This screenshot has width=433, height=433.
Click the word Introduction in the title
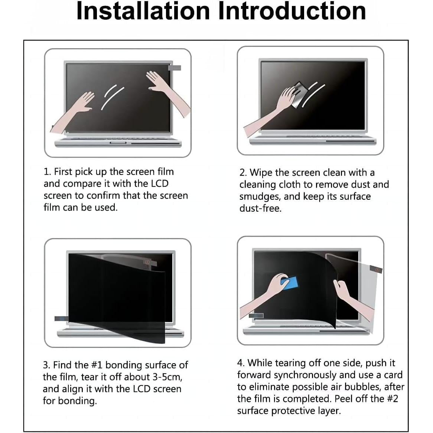tap(292, 11)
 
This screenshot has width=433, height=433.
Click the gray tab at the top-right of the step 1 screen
tap(175, 68)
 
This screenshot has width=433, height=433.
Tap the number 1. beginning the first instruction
tap(47, 172)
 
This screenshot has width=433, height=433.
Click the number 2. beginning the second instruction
tap(243, 173)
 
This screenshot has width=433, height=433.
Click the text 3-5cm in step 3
tap(167, 377)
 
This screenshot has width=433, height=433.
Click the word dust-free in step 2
tap(260, 208)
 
